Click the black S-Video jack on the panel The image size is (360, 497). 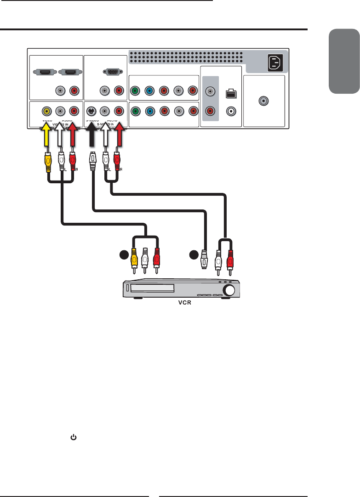click(x=91, y=111)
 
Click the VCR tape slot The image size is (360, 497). click(x=152, y=288)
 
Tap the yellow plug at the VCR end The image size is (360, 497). click(x=133, y=260)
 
